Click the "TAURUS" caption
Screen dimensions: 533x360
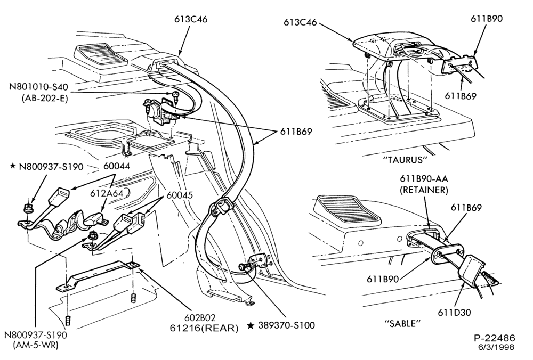click(x=405, y=159)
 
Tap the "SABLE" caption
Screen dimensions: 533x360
click(x=402, y=323)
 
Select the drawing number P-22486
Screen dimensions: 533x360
click(x=495, y=338)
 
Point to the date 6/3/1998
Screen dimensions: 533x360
click(x=496, y=347)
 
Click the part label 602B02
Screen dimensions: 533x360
click(x=200, y=317)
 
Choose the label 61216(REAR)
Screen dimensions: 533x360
click(x=204, y=328)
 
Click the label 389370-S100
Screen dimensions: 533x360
click(x=287, y=325)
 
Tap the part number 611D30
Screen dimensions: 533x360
click(x=454, y=312)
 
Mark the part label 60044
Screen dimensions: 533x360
click(x=117, y=166)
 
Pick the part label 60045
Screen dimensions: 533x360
click(x=180, y=195)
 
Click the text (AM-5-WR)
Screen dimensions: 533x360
click(x=35, y=346)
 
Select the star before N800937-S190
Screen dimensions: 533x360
click(x=13, y=166)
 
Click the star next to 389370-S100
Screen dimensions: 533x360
click(x=251, y=325)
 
